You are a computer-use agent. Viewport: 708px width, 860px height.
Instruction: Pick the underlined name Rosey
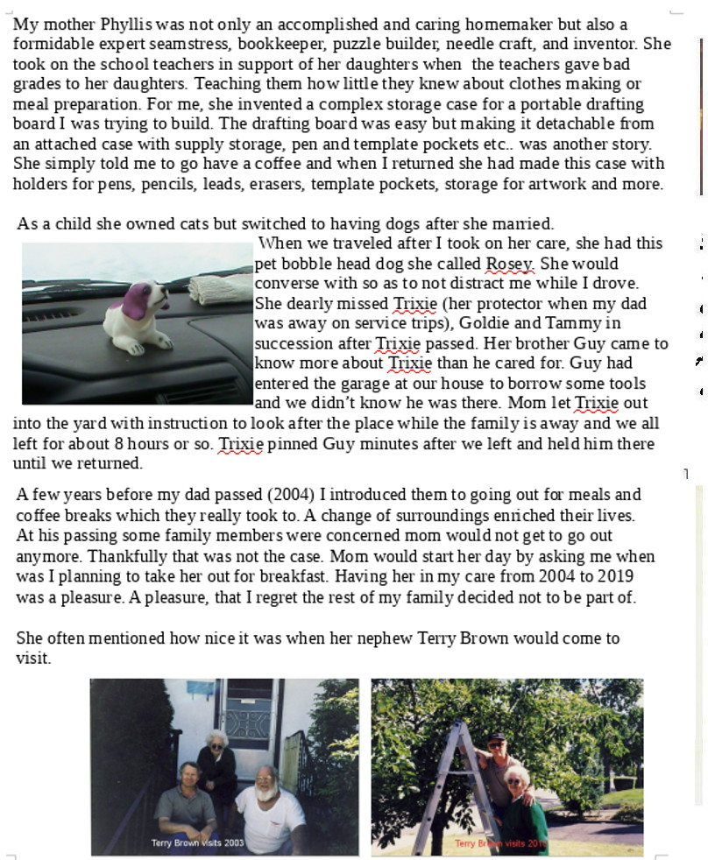click(x=509, y=264)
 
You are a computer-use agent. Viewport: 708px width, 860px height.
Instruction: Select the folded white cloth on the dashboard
click(x=220, y=288)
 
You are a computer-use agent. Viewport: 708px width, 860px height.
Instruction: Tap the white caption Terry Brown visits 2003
click(x=198, y=843)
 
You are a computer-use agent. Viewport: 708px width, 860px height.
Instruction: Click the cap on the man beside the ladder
click(x=497, y=737)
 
